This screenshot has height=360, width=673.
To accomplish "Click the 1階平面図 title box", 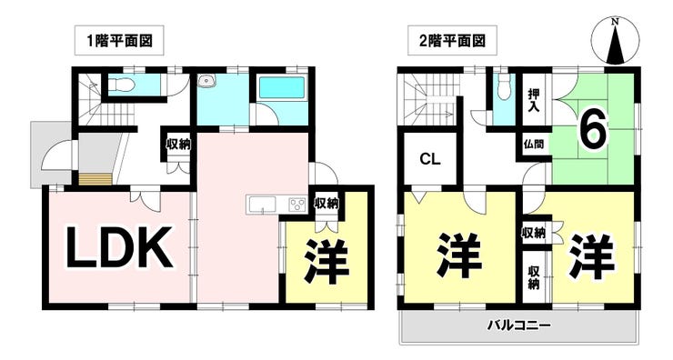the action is point(119,41).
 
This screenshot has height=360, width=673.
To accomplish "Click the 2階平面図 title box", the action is point(452,41).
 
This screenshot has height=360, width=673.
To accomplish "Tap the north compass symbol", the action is point(616,42).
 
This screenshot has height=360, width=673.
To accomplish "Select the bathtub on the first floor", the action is point(282,87).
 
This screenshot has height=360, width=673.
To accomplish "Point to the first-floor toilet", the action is point(122,85).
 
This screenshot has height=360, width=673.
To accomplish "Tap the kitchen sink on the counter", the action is point(262,205).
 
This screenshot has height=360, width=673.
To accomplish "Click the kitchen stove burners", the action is point(297,204).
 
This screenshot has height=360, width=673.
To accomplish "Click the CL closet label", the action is point(430,160).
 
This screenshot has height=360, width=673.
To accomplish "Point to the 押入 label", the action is point(534,100).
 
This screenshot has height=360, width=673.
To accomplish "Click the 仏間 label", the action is point(534,144).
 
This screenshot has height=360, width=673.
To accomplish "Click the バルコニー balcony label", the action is point(518,325).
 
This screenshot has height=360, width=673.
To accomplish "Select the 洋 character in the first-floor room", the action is point(327,261).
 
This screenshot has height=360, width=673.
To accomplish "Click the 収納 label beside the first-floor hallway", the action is point(178,145).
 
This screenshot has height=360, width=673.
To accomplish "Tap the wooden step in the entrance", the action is point(95,179).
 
